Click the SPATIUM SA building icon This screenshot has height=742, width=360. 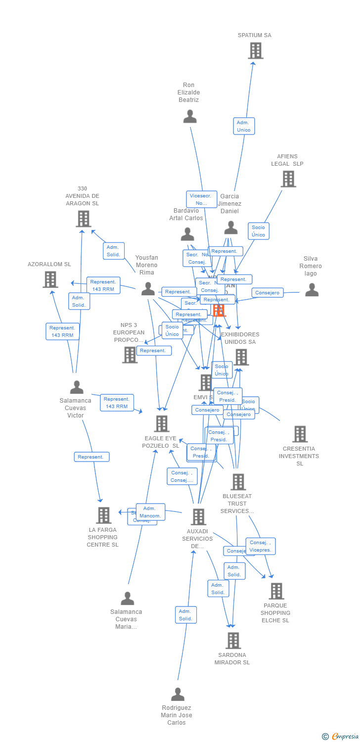pos(256,50)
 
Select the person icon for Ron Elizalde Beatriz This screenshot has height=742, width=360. pos(190,117)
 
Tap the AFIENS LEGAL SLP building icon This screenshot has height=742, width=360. pos(288,179)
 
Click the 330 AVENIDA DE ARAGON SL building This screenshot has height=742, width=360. pos(84,219)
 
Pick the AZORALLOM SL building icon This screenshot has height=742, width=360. pos(50,279)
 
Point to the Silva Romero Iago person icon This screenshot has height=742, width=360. pos(312,290)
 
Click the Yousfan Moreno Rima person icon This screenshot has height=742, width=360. pos(148,289)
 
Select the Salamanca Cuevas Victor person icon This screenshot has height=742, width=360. pos(77,387)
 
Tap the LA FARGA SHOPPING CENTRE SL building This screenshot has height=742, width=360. pos(103,515)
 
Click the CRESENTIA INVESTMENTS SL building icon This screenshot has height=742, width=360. pos(300,434)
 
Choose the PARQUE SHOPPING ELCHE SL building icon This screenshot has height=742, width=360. pos(276,591)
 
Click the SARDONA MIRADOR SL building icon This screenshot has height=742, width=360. pos(233,641)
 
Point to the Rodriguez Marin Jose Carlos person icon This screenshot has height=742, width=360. pos(178,695)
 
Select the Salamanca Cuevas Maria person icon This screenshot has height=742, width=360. pos(128,599)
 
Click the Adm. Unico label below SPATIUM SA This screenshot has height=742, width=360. pos(244,126)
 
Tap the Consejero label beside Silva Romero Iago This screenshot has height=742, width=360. pos(268,293)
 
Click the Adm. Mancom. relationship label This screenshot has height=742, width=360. pos(150,512)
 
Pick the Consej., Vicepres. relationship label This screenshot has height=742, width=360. pos(261,546)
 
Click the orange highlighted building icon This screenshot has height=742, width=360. pos(219,310)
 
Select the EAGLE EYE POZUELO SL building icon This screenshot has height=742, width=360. pos(162,424)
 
